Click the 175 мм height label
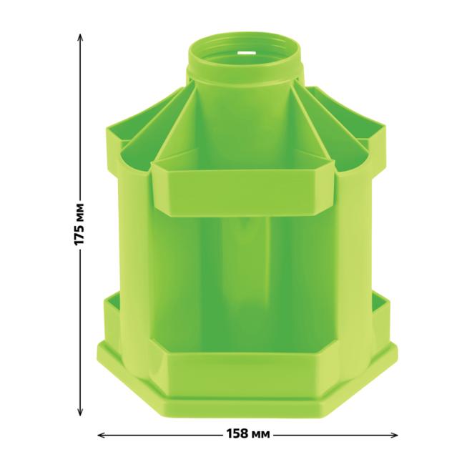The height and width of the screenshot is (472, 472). pyautogui.click(x=79, y=225)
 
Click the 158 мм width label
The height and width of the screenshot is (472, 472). pyautogui.click(x=248, y=434)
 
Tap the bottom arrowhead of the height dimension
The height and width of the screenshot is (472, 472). pyautogui.click(x=80, y=412)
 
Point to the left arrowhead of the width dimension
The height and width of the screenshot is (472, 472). pyautogui.click(x=102, y=435)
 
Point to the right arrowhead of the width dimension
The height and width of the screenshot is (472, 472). pyautogui.click(x=394, y=435)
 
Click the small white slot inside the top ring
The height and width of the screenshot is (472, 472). pyautogui.click(x=245, y=54)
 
